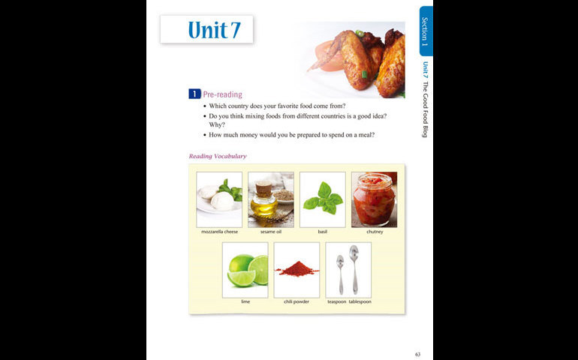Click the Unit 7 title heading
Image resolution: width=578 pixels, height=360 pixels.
point(214,30)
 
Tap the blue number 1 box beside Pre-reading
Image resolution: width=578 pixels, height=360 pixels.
point(194,94)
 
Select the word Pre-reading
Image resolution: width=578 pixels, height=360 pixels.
point(223,94)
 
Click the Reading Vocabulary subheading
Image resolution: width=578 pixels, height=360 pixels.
point(218,156)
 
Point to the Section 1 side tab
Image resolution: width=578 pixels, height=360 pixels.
point(426,31)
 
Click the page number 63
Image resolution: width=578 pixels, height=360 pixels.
point(417,355)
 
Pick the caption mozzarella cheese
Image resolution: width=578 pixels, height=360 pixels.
point(219,232)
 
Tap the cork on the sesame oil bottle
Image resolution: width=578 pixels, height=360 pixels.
point(263,189)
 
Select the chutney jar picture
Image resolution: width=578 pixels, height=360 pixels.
point(374,199)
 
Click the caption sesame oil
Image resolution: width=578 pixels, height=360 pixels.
point(271,232)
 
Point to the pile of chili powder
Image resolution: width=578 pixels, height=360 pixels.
point(297,269)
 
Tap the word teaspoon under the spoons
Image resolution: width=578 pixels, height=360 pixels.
point(337,301)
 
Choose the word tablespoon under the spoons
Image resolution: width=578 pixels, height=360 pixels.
point(360,301)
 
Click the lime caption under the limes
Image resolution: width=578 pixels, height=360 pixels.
point(245,301)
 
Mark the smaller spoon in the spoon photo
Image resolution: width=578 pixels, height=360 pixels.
point(340,274)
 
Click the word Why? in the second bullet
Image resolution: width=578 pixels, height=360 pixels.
point(217,125)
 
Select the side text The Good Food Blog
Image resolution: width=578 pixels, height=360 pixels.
point(425,109)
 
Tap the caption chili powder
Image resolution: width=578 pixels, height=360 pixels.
point(297,301)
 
